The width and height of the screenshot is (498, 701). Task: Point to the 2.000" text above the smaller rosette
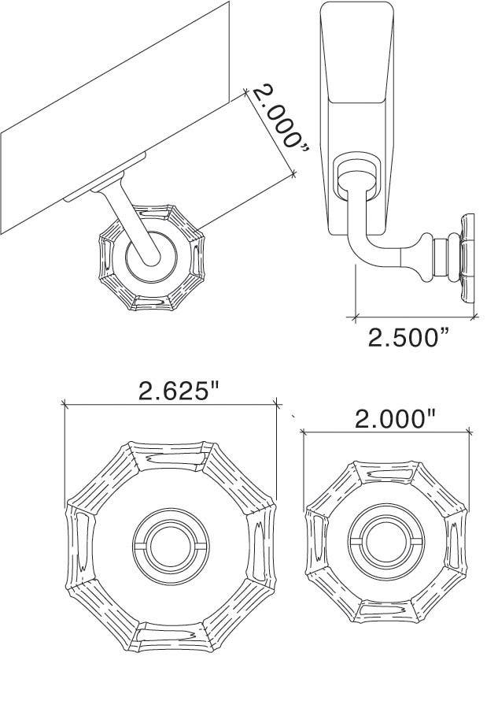394,418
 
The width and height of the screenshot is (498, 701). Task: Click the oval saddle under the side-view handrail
356,173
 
